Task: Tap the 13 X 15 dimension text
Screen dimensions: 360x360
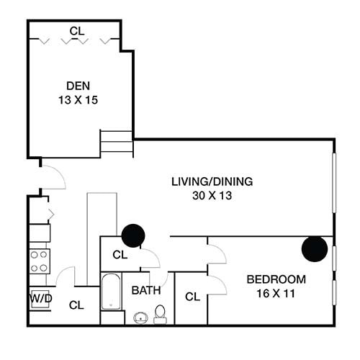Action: tap(76, 100)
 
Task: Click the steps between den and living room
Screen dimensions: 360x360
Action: tap(116, 143)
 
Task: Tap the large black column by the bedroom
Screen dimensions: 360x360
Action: tap(315, 248)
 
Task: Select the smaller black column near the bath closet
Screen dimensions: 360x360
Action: tap(133, 235)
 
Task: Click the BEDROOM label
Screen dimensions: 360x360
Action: tap(276, 279)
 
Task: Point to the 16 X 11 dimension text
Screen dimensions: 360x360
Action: tap(276, 293)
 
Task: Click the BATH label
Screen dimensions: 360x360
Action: tap(145, 291)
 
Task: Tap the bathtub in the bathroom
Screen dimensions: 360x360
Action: tap(111, 292)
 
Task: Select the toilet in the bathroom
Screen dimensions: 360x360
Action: tap(161, 313)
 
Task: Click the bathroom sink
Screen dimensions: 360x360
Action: tap(139, 317)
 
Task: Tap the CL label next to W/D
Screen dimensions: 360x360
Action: tap(76, 305)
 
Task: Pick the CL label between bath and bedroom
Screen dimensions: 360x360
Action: tap(192, 297)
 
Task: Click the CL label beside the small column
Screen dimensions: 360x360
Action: tap(120, 255)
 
